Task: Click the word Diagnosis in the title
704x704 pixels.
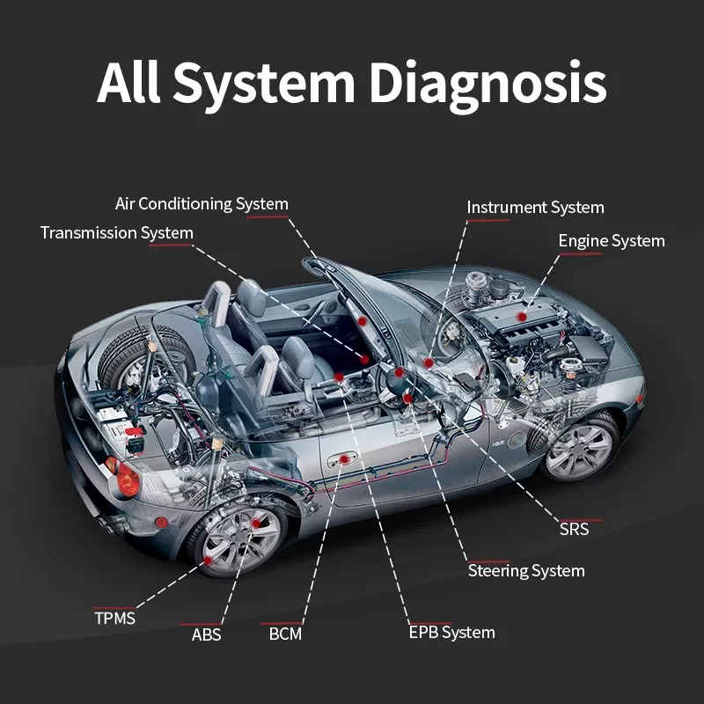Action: coord(487,84)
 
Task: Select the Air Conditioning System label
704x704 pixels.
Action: coord(202,204)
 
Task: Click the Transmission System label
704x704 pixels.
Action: coord(116,233)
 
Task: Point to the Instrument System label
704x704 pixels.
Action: coord(535,208)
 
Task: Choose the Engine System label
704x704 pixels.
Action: coord(612,240)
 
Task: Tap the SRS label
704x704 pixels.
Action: coord(574,529)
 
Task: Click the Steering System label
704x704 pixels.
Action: coord(525,571)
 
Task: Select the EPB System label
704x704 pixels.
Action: coord(451,632)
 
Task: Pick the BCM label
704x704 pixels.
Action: coord(285,634)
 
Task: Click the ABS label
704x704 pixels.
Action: coord(206,634)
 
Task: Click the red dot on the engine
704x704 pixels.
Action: coord(522,315)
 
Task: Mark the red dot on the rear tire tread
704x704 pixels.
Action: coord(207,560)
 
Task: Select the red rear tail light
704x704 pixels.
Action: coord(127,477)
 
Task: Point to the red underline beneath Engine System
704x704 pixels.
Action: coord(580,254)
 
